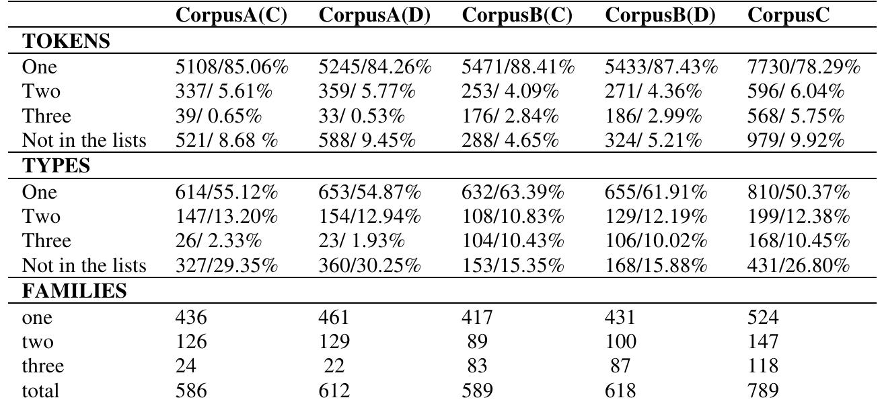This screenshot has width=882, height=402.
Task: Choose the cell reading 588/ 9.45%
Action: pos(369,141)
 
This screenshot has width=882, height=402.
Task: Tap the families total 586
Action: pos(190,391)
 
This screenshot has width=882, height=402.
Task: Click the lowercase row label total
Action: pos(40,391)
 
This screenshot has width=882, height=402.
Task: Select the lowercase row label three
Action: pos(43,366)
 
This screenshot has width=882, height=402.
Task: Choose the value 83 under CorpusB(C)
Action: pos(476,366)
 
